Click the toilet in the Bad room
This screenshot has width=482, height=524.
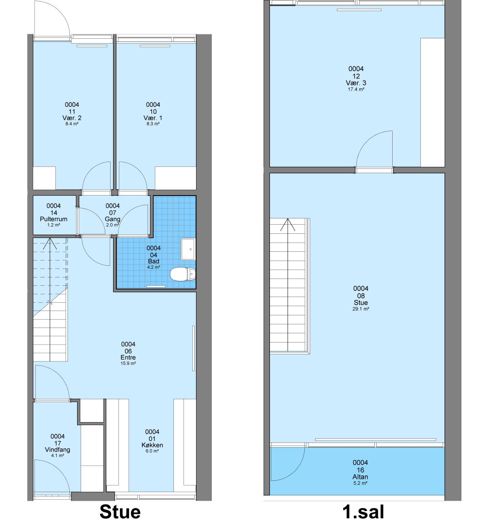(x=183, y=274)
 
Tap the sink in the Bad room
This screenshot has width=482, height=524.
(x=188, y=249)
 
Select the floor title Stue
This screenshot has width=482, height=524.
(x=120, y=512)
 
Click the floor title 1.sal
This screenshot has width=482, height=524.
(x=364, y=512)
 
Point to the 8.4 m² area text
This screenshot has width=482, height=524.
(x=72, y=124)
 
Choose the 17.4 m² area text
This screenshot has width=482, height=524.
(x=356, y=89)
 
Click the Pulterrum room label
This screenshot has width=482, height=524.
(x=53, y=219)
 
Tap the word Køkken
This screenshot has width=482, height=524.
(x=152, y=445)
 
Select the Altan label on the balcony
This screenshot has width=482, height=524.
(x=360, y=477)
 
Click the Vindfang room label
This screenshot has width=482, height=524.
(x=57, y=450)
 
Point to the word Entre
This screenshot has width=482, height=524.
(x=128, y=358)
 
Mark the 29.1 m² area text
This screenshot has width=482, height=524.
(x=361, y=309)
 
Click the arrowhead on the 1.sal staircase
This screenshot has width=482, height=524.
(x=287, y=225)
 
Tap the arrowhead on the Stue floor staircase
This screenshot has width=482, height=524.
(x=50, y=243)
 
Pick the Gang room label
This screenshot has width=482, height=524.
(x=113, y=219)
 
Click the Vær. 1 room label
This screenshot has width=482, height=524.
(x=153, y=118)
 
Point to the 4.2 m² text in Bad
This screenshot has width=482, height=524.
(x=153, y=267)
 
